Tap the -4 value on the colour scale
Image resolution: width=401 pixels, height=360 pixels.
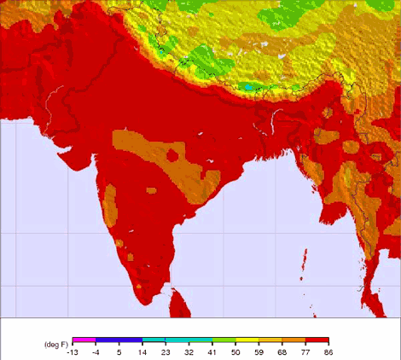96,351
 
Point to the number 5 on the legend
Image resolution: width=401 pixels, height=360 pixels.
119,351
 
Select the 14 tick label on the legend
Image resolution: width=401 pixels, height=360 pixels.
142,351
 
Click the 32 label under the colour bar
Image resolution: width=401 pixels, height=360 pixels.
189,351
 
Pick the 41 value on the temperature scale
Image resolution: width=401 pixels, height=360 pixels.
212,351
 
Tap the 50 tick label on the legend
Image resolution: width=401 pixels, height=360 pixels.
235,351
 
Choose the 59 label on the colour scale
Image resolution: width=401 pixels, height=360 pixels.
259,351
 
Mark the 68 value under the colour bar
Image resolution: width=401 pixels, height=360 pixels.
282,351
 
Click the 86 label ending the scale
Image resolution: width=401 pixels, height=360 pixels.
328,351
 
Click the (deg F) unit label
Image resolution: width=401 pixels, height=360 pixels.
55,344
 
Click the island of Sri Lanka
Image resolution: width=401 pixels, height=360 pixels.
179,299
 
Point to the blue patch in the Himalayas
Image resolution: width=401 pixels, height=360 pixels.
248,87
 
